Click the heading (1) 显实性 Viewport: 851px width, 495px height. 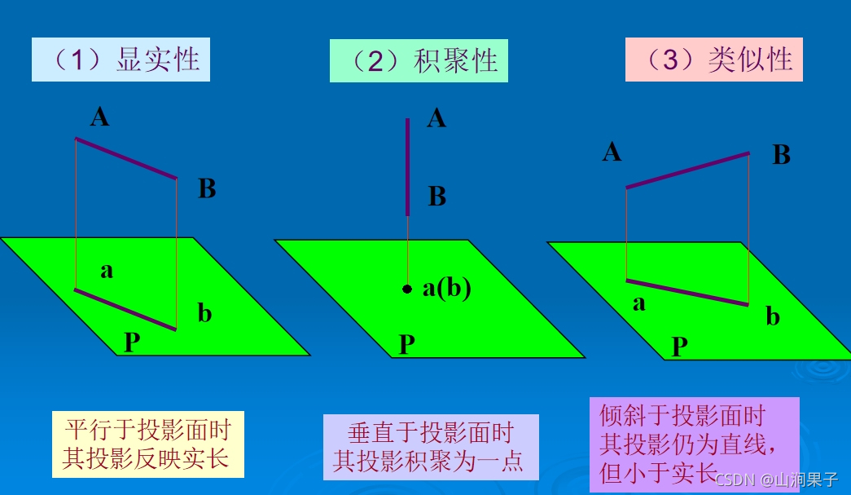(121, 60)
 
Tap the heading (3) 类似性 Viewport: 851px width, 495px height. (714, 60)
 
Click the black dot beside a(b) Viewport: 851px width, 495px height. (407, 289)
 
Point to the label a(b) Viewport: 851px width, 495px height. (446, 288)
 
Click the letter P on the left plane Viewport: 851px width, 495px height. (132, 343)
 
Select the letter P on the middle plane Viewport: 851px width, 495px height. (407, 345)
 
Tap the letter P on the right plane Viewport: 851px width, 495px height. (679, 347)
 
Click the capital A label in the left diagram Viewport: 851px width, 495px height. (99, 117)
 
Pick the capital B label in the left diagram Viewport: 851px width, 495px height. (207, 189)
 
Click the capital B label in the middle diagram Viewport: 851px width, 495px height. (437, 197)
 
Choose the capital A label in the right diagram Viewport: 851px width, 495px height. (612, 152)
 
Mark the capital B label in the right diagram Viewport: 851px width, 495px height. (781, 155)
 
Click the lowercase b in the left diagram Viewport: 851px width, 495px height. (204, 312)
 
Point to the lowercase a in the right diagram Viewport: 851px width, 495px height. (638, 303)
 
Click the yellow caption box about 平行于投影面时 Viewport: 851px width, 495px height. (147, 444)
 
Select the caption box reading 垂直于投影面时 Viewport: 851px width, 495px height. (431, 447)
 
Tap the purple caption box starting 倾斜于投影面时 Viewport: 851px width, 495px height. (694, 444)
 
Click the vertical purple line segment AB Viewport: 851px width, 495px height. (408, 166)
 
